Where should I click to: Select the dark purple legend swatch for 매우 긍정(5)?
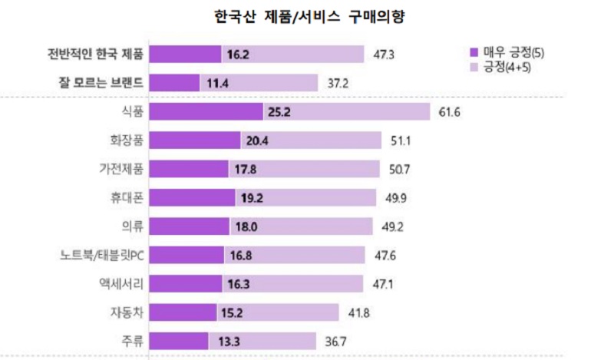coord(473,52)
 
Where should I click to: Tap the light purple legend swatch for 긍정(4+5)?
coord(473,68)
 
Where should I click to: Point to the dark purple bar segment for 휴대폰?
coord(192,198)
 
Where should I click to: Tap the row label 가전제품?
coord(121,170)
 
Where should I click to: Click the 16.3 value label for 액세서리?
coord(239,284)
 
